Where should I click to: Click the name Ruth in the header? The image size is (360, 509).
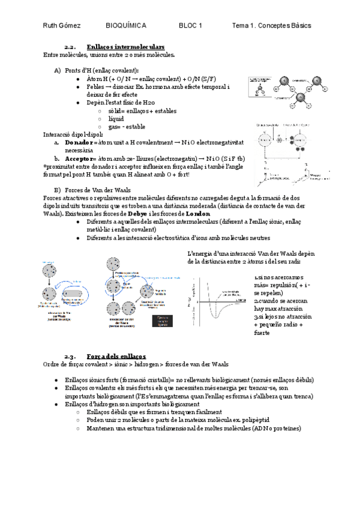pos(51,25)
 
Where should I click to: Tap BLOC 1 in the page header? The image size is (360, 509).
pos(190,25)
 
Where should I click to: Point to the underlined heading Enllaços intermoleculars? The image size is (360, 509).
pos(125,47)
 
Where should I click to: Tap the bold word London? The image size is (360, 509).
pos(198,214)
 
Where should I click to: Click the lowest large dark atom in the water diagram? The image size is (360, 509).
pos(301,97)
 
